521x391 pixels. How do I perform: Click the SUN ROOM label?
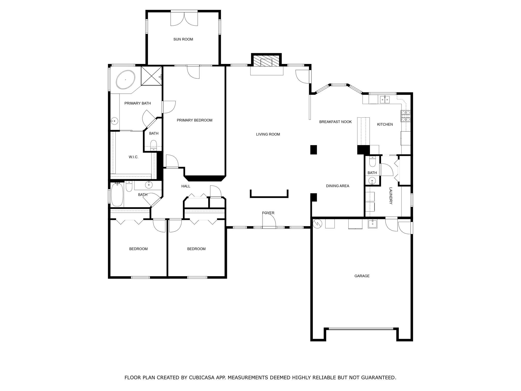tap(183, 39)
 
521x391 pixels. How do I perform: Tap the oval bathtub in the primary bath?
tap(125, 80)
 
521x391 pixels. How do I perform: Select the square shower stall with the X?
tap(151, 76)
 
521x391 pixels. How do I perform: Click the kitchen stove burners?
tap(406, 116)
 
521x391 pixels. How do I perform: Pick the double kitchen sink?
tap(385, 100)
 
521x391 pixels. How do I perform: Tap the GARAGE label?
tap(362, 276)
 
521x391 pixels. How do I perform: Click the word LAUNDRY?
tap(391, 196)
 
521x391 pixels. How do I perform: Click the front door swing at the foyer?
tap(269, 220)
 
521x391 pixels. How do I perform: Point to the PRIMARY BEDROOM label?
tap(195, 120)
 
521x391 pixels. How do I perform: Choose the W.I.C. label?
tap(134, 157)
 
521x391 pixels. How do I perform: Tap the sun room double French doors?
tap(184, 19)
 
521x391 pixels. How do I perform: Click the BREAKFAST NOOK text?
tap(335, 122)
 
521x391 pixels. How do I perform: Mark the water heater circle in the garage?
tap(317, 224)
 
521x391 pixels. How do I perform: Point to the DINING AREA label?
tap(338, 186)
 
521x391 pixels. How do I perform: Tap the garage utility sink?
tap(373, 224)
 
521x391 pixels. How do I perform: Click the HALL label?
tap(186, 186)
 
